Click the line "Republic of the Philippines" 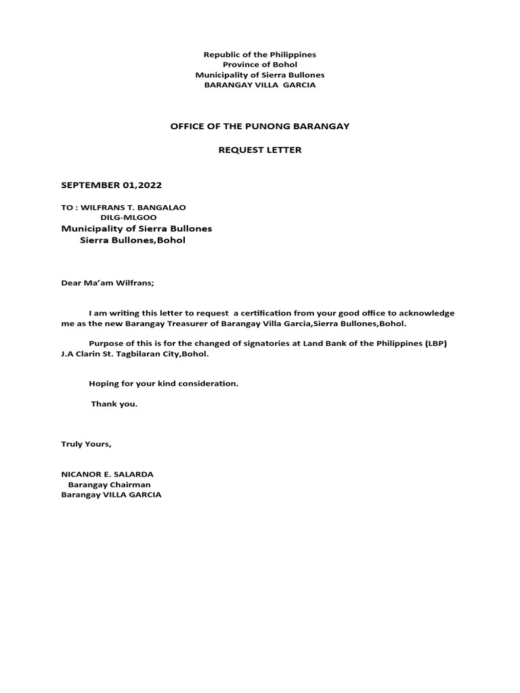pos(260,54)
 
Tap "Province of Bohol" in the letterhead pos(260,64)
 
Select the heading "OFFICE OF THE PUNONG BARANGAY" pos(260,127)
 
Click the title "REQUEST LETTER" pos(260,150)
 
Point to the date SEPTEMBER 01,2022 pos(112,185)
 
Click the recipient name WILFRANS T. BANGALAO pos(133,207)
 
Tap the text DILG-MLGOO pos(129,218)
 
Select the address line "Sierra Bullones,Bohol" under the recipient pos(133,240)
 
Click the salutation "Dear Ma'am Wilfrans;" pos(108,283)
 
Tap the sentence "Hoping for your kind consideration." pos(164,384)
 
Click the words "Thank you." pos(114,404)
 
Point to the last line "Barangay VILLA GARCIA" pos(112,495)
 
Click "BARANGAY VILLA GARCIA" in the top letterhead pos(260,85)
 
